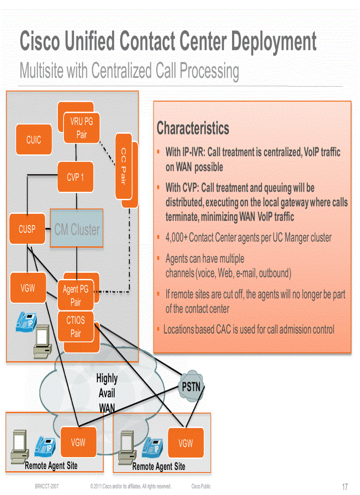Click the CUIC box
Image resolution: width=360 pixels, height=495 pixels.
click(34, 140)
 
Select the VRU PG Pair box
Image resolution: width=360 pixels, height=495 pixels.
click(81, 128)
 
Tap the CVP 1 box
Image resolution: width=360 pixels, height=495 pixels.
click(75, 177)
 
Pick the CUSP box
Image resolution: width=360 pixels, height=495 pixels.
click(27, 229)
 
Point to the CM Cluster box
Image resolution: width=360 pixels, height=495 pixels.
click(77, 229)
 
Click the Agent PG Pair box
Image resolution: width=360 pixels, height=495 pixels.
click(76, 296)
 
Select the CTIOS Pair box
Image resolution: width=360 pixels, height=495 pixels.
click(76, 327)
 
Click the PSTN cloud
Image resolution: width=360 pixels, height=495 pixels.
click(191, 387)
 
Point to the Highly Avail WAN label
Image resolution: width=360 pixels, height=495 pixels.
click(107, 393)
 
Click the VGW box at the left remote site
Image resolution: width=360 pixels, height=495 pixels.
click(78, 442)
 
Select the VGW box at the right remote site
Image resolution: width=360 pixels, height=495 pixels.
click(186, 443)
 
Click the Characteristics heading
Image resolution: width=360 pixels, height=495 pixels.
click(193, 129)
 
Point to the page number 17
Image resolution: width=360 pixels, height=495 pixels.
click(345, 487)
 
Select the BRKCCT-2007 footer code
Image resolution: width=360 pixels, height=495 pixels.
click(47, 486)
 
